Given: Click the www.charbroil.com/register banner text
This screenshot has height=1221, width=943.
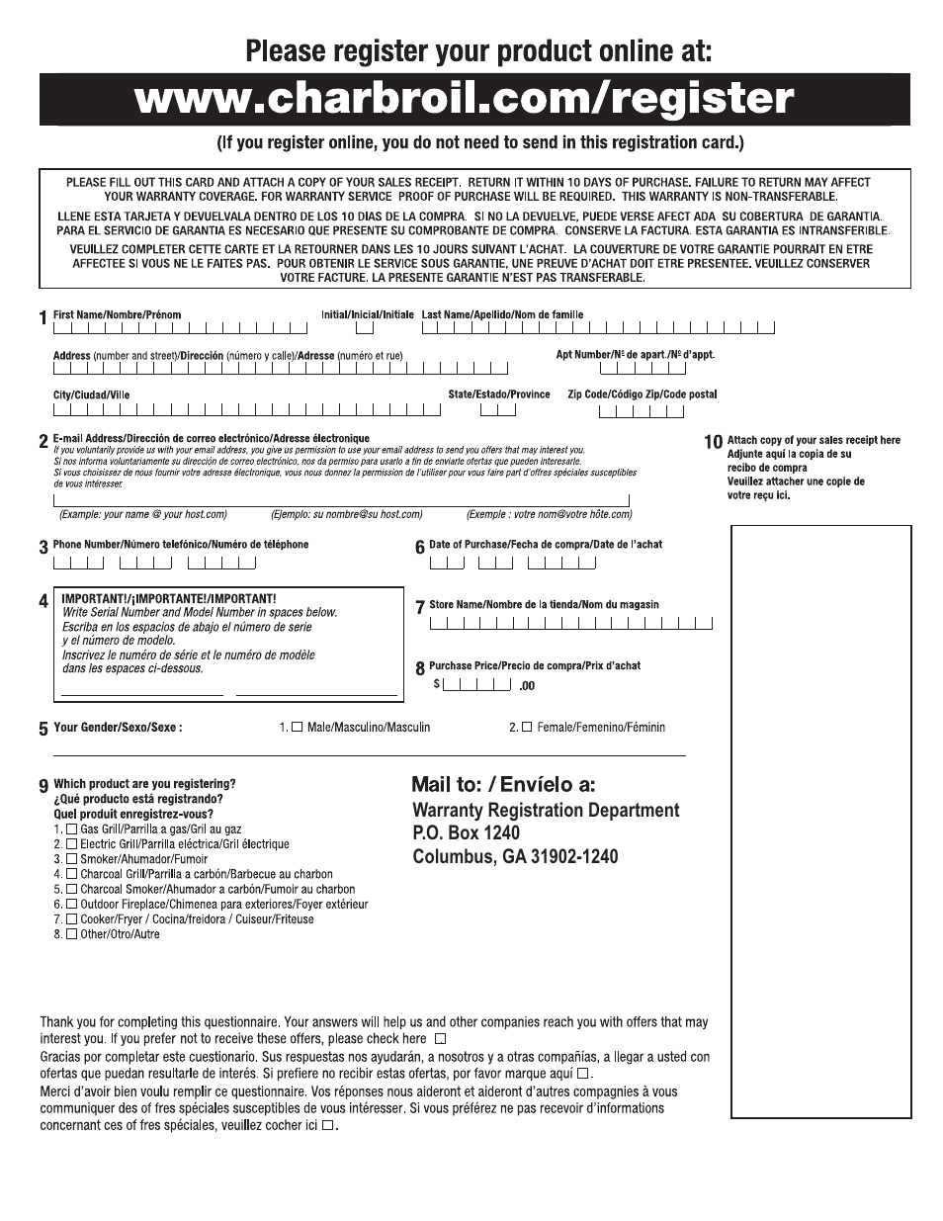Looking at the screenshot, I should pos(465,100).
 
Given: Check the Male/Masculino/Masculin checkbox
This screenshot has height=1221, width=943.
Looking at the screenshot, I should pos(297,728).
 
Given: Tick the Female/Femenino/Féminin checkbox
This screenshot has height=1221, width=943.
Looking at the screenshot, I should pos(527,728).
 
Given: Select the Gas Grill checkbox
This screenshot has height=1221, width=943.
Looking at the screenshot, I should pos(71,829).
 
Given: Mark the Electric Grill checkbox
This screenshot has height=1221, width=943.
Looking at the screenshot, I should pos(71,844).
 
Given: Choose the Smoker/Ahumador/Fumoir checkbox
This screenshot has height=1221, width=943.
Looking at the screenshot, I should pos(71,859).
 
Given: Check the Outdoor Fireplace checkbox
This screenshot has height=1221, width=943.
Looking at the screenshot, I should pos(71,904).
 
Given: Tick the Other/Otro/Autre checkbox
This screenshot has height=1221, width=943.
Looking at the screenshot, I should pos(71,934).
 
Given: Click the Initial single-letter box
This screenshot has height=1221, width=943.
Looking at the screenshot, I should pos(365,328).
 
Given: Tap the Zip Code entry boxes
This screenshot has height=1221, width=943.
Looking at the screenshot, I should pos(642,410).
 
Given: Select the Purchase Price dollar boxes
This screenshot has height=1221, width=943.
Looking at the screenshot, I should pos(476,685).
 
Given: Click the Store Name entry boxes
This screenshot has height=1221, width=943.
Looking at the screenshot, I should pos(571,623).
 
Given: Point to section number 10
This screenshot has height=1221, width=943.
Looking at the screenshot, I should pos(713,442).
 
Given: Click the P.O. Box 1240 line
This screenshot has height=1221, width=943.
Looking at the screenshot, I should pos(466,833).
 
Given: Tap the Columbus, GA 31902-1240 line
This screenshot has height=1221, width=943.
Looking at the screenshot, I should pos(515,857).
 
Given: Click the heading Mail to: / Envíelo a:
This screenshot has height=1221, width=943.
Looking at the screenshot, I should pos(503,785).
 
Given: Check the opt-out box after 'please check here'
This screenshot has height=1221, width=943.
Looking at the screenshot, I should pos(440,1039).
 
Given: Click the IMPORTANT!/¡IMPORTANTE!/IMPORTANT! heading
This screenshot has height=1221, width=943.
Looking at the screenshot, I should pos(169,599).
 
